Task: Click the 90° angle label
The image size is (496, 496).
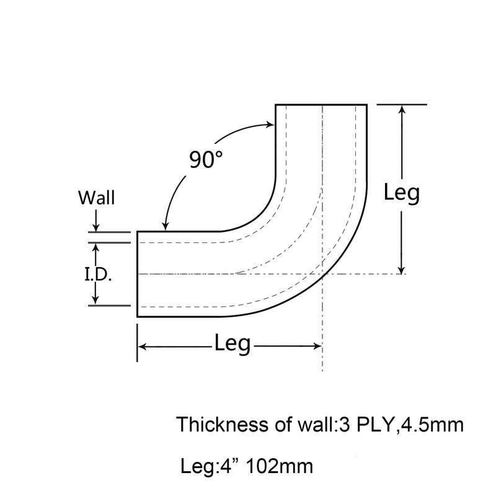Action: tap(206, 159)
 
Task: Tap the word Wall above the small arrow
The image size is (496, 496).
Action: tap(97, 198)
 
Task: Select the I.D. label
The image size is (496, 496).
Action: tap(98, 275)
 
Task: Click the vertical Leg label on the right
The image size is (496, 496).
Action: tap(402, 193)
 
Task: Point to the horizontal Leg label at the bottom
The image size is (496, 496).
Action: tap(232, 344)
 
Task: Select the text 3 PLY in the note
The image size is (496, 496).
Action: tap(366, 425)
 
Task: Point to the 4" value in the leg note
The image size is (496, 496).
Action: tap(229, 466)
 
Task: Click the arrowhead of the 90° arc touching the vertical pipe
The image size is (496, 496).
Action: tap(271, 125)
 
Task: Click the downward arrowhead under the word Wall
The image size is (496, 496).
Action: tap(96, 228)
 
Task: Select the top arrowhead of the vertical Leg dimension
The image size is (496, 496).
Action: tap(402, 109)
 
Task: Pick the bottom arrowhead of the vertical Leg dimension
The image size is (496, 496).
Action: tap(402, 270)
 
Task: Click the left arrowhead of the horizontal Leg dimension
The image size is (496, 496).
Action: tap(143, 347)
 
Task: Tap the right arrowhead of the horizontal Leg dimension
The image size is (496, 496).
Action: tap(317, 347)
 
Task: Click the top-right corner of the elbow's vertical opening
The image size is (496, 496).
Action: tap(367, 104)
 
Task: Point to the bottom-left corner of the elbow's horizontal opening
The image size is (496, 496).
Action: tap(137, 316)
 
